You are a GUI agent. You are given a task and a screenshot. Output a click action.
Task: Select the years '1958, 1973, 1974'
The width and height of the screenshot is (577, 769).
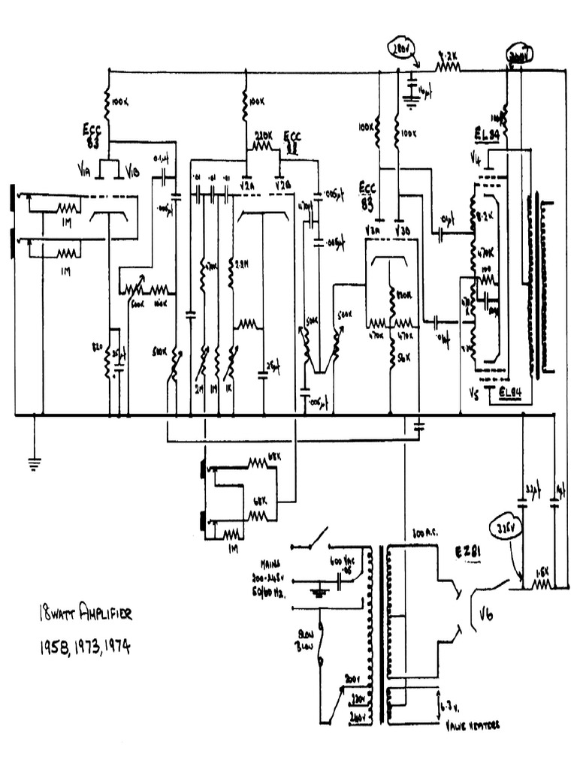(x=83, y=647)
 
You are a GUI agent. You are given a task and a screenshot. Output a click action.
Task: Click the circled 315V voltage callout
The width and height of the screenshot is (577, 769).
(x=503, y=529)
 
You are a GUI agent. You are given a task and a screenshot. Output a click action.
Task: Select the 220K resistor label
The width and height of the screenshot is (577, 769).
(x=264, y=137)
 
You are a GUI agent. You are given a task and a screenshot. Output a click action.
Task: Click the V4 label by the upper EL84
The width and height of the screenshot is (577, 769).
(x=475, y=159)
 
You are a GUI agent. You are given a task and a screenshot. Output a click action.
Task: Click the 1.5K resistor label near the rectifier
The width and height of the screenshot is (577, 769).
(x=542, y=572)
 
